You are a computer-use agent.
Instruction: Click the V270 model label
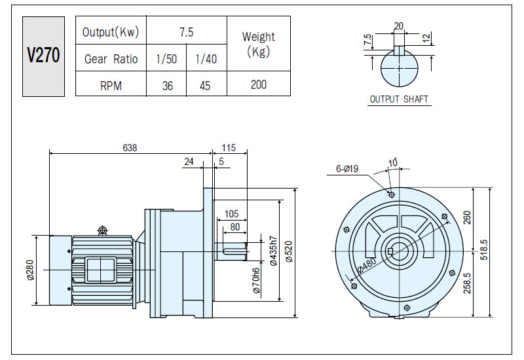tap(43, 56)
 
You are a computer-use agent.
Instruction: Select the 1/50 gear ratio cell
tap(166, 59)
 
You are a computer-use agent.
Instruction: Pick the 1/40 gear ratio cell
tap(206, 59)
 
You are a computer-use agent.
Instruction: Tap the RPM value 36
tap(168, 86)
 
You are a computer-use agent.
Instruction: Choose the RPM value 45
tap(205, 86)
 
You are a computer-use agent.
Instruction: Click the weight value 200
tap(259, 84)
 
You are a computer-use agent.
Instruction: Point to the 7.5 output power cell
tap(186, 32)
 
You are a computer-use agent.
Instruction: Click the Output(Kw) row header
tap(111, 32)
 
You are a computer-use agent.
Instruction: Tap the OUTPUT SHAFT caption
tap(399, 99)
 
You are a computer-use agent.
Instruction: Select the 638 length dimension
tap(130, 148)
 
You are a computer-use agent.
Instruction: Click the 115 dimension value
tap(229, 148)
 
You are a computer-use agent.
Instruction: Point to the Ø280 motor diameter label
tap(30, 270)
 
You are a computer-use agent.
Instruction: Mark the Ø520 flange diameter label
tap(289, 251)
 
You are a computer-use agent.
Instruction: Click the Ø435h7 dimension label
tap(273, 251)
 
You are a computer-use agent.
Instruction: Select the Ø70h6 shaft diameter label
tap(256, 281)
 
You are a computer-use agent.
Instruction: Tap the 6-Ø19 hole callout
tap(347, 169)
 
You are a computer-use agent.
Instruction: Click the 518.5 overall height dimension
tap(485, 250)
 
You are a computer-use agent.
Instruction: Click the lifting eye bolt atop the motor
tap(102, 230)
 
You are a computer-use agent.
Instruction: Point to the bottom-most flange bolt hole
tap(407, 308)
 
